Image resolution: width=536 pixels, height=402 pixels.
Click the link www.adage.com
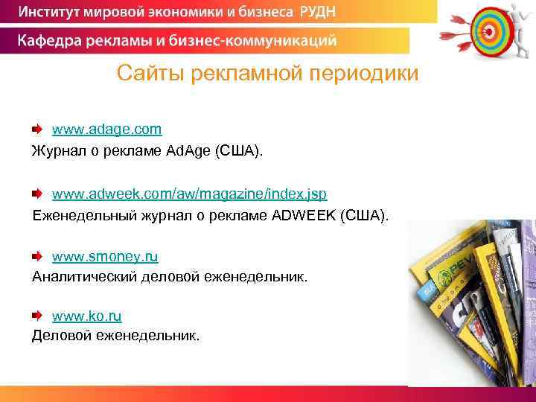tap(106, 130)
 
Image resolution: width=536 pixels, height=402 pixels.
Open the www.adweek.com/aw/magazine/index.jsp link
tap(189, 194)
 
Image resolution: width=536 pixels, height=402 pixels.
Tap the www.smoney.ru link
tap(105, 257)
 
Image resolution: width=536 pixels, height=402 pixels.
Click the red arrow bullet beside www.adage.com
tap(37, 130)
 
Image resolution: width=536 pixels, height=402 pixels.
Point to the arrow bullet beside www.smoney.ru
tap(37, 258)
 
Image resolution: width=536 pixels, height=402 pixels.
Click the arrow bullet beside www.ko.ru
tap(37, 316)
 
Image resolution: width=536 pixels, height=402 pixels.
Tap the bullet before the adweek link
tap(37, 194)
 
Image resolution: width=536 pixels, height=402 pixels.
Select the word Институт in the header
tap(53, 13)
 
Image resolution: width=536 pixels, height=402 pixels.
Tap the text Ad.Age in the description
tap(188, 152)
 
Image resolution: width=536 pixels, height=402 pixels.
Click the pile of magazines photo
tap(472, 301)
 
